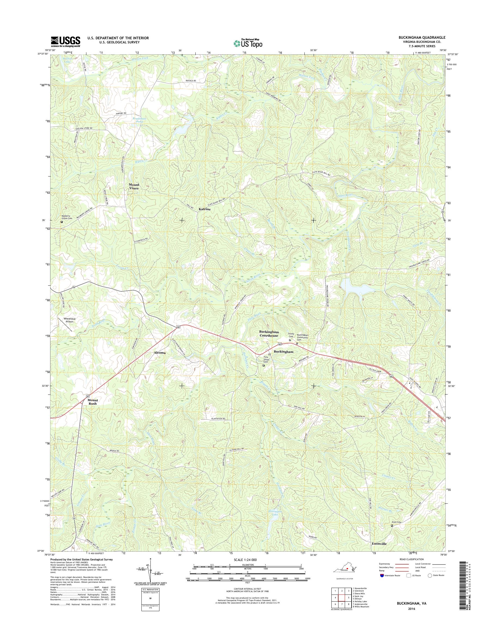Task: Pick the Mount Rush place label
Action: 93,402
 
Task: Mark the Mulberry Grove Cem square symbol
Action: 62,222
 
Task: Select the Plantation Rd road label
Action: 218,419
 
